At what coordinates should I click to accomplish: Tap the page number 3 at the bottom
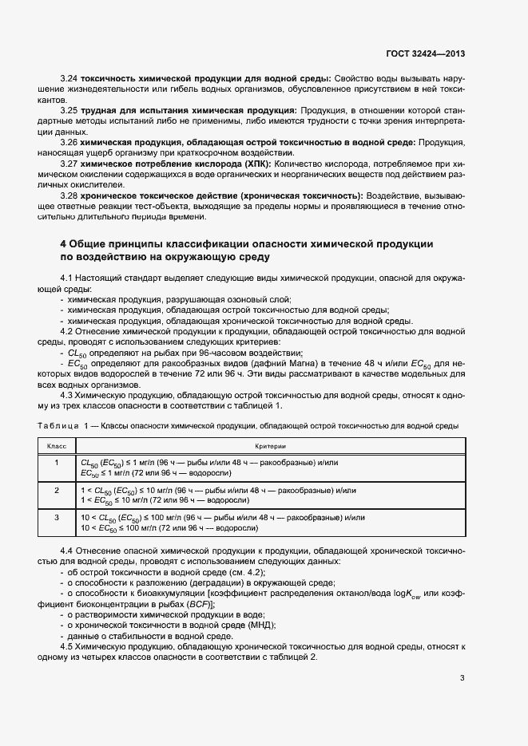pyautogui.click(x=462, y=679)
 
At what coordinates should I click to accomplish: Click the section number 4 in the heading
pyautogui.click(x=64, y=243)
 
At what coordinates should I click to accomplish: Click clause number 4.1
pyautogui.click(x=69, y=277)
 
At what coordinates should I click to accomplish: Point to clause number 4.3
pyautogui.click(x=69, y=394)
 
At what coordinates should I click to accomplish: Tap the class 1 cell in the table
pyautogui.click(x=56, y=463)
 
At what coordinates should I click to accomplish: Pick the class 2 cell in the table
pyautogui.click(x=56, y=490)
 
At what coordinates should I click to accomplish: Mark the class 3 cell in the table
pyautogui.click(x=56, y=518)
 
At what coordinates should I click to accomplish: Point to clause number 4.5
pyautogui.click(x=69, y=646)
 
